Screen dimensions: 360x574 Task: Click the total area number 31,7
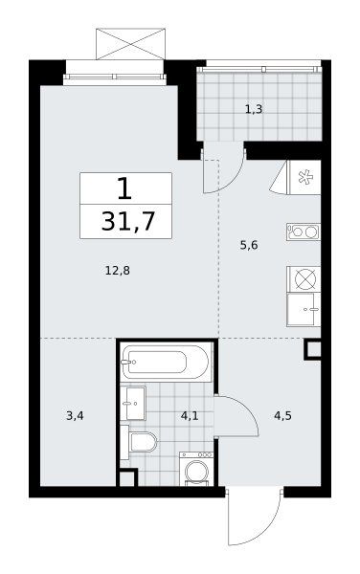click(x=127, y=222)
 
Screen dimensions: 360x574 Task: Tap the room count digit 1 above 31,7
click(x=124, y=188)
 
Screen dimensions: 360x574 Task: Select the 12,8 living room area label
click(x=118, y=271)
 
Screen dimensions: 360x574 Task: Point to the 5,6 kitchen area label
click(x=249, y=245)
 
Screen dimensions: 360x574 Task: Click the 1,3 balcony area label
click(x=254, y=109)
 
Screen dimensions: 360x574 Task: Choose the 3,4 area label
click(x=75, y=416)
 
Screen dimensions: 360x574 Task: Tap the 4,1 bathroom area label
click(x=190, y=416)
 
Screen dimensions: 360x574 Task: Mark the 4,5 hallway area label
click(x=282, y=416)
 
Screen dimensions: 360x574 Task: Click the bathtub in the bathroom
click(x=167, y=363)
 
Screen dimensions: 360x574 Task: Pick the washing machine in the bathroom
click(x=196, y=469)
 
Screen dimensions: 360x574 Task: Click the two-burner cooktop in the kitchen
click(x=304, y=232)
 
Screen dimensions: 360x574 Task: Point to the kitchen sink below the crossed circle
click(x=304, y=309)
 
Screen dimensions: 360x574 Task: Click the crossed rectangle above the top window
click(x=130, y=44)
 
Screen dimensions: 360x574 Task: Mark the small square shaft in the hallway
click(x=313, y=350)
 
